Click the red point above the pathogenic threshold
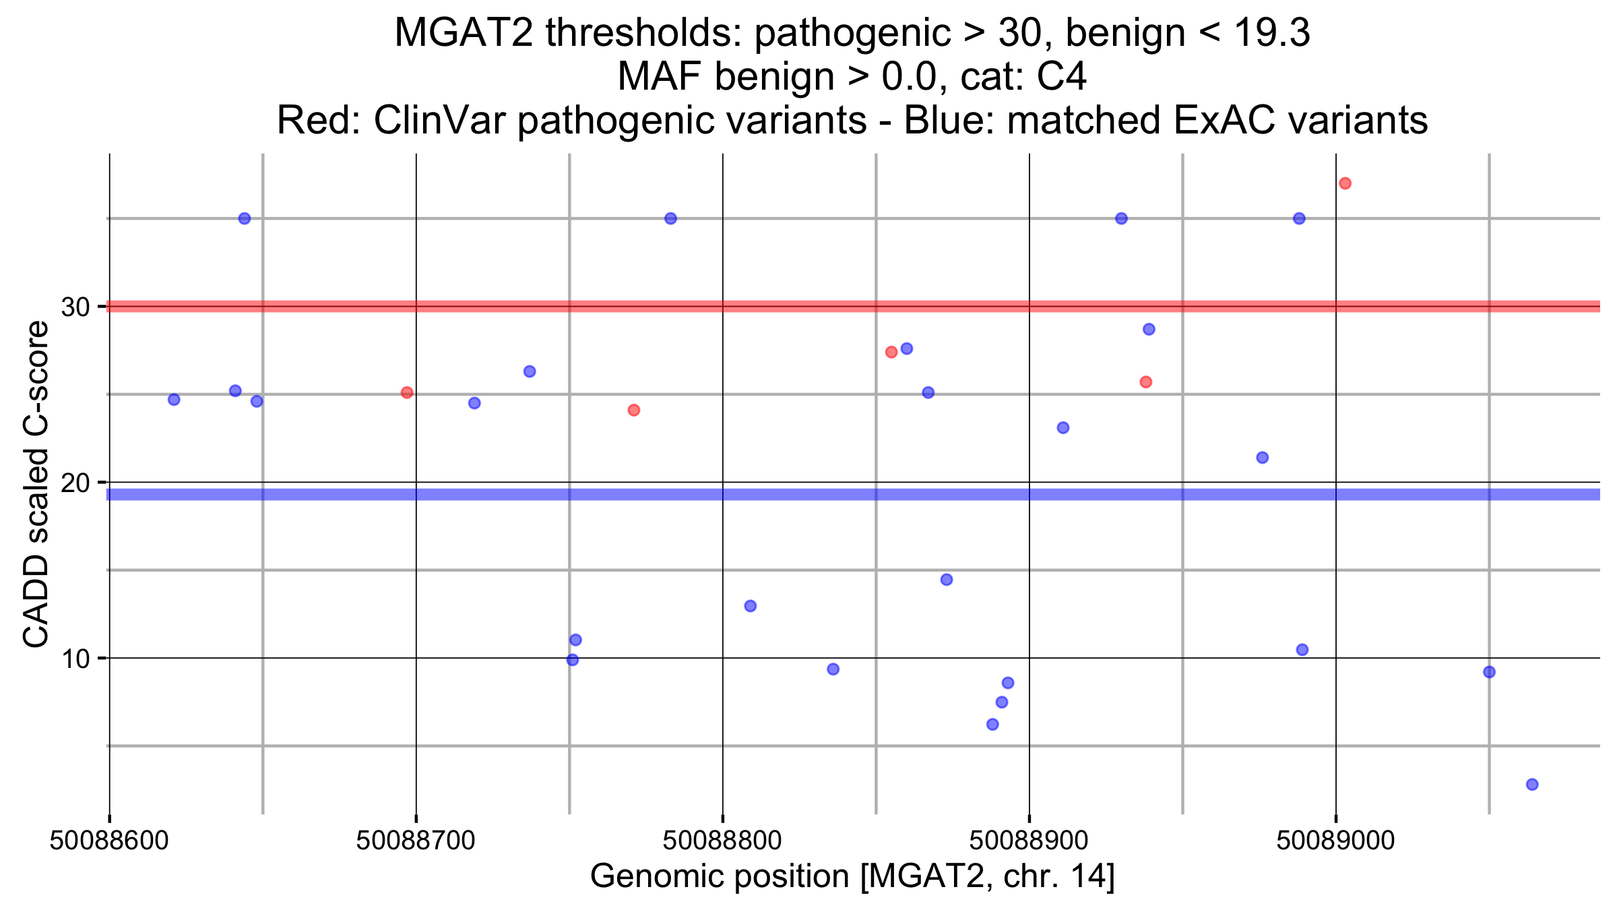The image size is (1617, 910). tap(1345, 183)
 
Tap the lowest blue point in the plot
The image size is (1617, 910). tap(1532, 784)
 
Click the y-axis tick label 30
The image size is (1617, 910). tap(75, 307)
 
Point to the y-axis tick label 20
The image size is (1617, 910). tap(75, 483)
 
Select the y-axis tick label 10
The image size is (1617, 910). tap(75, 659)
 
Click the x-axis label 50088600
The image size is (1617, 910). tap(109, 841)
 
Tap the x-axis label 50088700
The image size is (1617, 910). tap(416, 841)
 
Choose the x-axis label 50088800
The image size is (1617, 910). tap(722, 841)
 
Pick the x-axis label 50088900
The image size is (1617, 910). tap(1029, 841)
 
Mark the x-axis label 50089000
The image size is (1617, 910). tap(1335, 841)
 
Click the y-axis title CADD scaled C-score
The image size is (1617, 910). tap(36, 483)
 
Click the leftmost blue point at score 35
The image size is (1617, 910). tap(245, 218)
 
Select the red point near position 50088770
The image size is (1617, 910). tap(633, 410)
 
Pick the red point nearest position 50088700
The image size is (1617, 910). tap(407, 392)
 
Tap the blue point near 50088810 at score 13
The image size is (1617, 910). tap(750, 606)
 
